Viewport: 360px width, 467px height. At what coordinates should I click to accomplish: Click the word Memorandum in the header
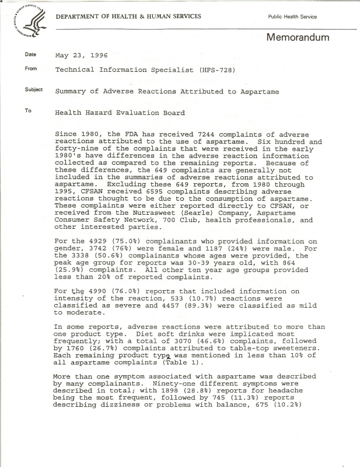point(298,38)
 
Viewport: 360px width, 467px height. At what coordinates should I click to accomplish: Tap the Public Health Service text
point(292,17)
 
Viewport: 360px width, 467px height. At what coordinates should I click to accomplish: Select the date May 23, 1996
point(81,56)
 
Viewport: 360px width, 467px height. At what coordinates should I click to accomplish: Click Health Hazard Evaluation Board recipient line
point(120,113)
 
